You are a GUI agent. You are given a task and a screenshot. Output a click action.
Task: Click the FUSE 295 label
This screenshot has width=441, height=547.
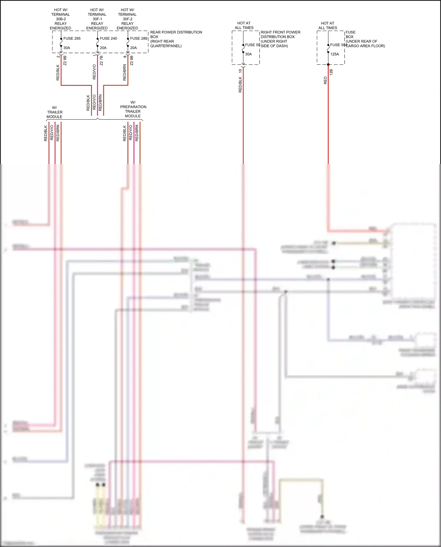pyautogui.click(x=72, y=39)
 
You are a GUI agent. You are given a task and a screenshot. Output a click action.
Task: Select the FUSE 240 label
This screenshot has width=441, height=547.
pyautogui.click(x=108, y=39)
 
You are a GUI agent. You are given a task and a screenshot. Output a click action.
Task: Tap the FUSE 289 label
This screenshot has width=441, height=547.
pyautogui.click(x=138, y=39)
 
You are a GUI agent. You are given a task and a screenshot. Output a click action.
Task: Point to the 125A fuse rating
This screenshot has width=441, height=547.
pyautogui.click(x=335, y=54)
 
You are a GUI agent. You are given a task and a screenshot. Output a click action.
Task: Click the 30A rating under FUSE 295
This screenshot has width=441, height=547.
pyautogui.click(x=67, y=48)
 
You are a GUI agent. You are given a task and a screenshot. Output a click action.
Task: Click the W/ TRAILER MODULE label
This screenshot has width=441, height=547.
pyautogui.click(x=55, y=112)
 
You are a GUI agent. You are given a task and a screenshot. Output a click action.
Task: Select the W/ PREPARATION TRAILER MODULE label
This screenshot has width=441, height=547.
pyautogui.click(x=133, y=109)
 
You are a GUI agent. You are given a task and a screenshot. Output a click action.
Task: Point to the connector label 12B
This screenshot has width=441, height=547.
pyautogui.click(x=331, y=72)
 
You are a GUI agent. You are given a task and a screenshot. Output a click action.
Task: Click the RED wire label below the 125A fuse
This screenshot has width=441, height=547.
pyautogui.click(x=325, y=81)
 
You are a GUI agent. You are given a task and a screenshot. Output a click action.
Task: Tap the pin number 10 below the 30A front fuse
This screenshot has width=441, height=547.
pyautogui.click(x=240, y=71)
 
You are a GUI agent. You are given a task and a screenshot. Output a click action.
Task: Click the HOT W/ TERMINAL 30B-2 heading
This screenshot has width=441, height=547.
pyautogui.click(x=61, y=19)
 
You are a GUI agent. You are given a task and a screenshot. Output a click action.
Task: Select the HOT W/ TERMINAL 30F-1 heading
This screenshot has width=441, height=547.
pyautogui.click(x=97, y=19)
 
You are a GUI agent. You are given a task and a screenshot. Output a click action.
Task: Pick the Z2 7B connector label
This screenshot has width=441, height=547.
pyautogui.click(x=101, y=61)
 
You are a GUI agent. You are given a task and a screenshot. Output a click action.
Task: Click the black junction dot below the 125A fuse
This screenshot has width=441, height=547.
pyautogui.click(x=328, y=65)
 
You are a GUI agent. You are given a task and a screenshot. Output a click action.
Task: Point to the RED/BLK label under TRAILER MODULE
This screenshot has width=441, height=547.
pyautogui.click(x=46, y=133)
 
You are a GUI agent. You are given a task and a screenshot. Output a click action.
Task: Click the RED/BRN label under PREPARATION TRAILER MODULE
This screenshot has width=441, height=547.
pyautogui.click(x=137, y=133)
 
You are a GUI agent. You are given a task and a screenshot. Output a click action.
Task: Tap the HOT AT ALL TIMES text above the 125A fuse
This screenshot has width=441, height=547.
pyautogui.click(x=328, y=26)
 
